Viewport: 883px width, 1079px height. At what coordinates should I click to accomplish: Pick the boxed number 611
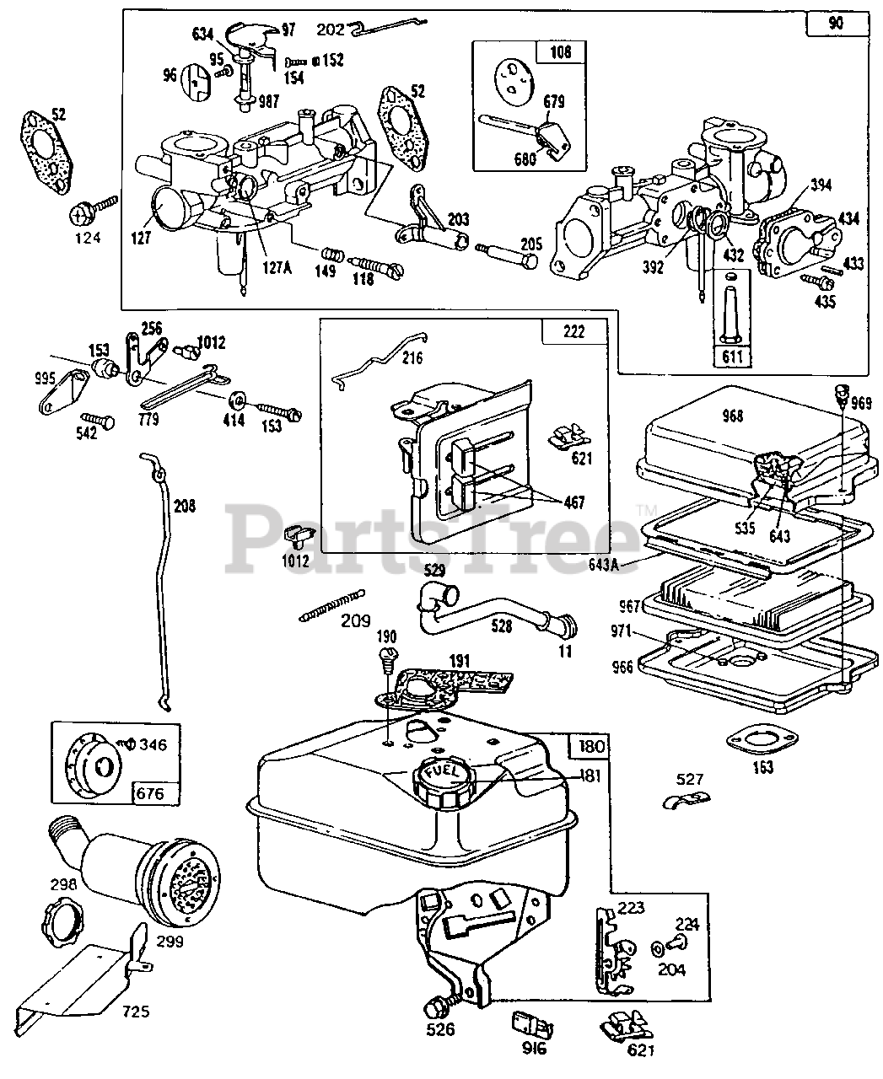[732, 356]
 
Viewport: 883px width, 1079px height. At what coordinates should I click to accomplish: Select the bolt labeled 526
[439, 1006]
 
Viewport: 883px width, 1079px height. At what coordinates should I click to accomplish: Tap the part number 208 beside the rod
[184, 506]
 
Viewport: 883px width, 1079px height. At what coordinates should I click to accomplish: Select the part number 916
[534, 1049]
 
